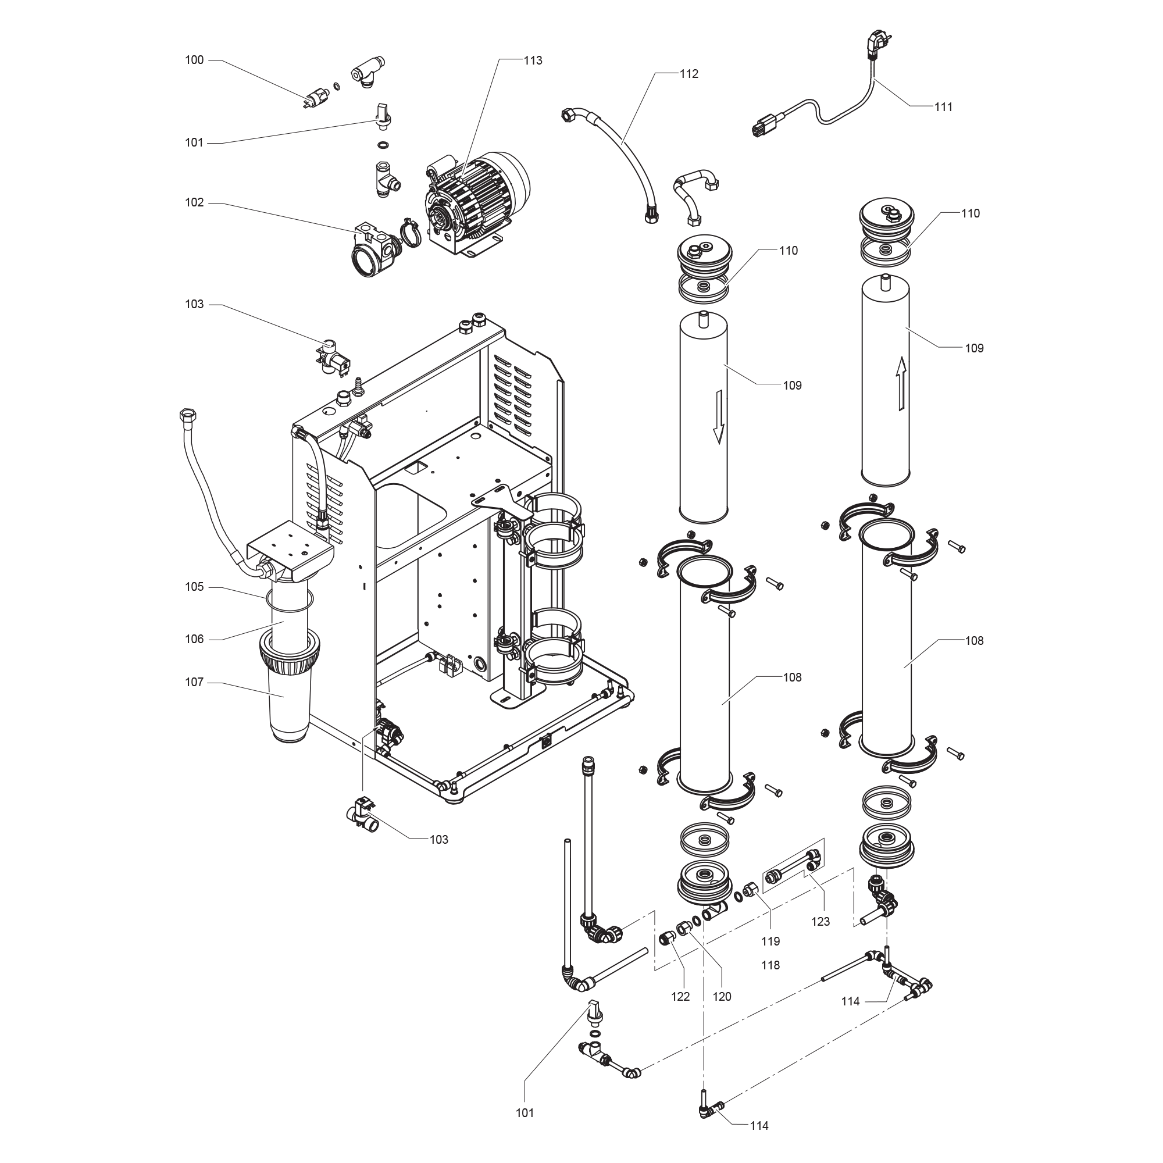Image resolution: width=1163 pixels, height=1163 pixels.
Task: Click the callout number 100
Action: (x=194, y=60)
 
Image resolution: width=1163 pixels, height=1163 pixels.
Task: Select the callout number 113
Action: (x=533, y=60)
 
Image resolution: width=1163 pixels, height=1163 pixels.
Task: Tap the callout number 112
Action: (x=688, y=73)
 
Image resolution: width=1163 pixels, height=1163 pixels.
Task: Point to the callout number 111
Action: (x=943, y=106)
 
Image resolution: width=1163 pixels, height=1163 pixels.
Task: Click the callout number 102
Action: (x=194, y=203)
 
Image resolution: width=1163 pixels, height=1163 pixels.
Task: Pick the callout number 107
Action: (x=194, y=683)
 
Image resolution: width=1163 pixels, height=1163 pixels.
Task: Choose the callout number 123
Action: (x=820, y=922)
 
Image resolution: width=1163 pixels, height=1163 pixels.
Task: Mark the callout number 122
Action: (x=680, y=997)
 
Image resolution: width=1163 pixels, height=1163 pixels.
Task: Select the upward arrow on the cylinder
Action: (x=901, y=382)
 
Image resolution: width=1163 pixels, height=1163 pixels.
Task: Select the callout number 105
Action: (x=194, y=587)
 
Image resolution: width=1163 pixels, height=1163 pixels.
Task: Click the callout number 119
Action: (x=770, y=941)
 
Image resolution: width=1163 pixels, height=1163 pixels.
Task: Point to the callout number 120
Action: (x=722, y=997)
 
